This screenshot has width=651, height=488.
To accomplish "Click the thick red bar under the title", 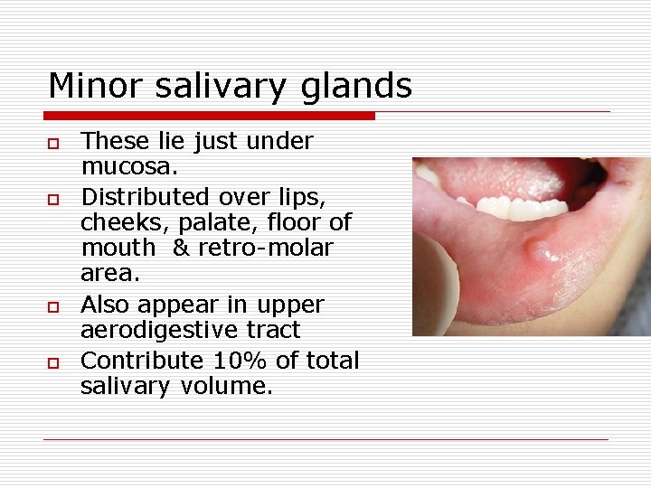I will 209,116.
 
